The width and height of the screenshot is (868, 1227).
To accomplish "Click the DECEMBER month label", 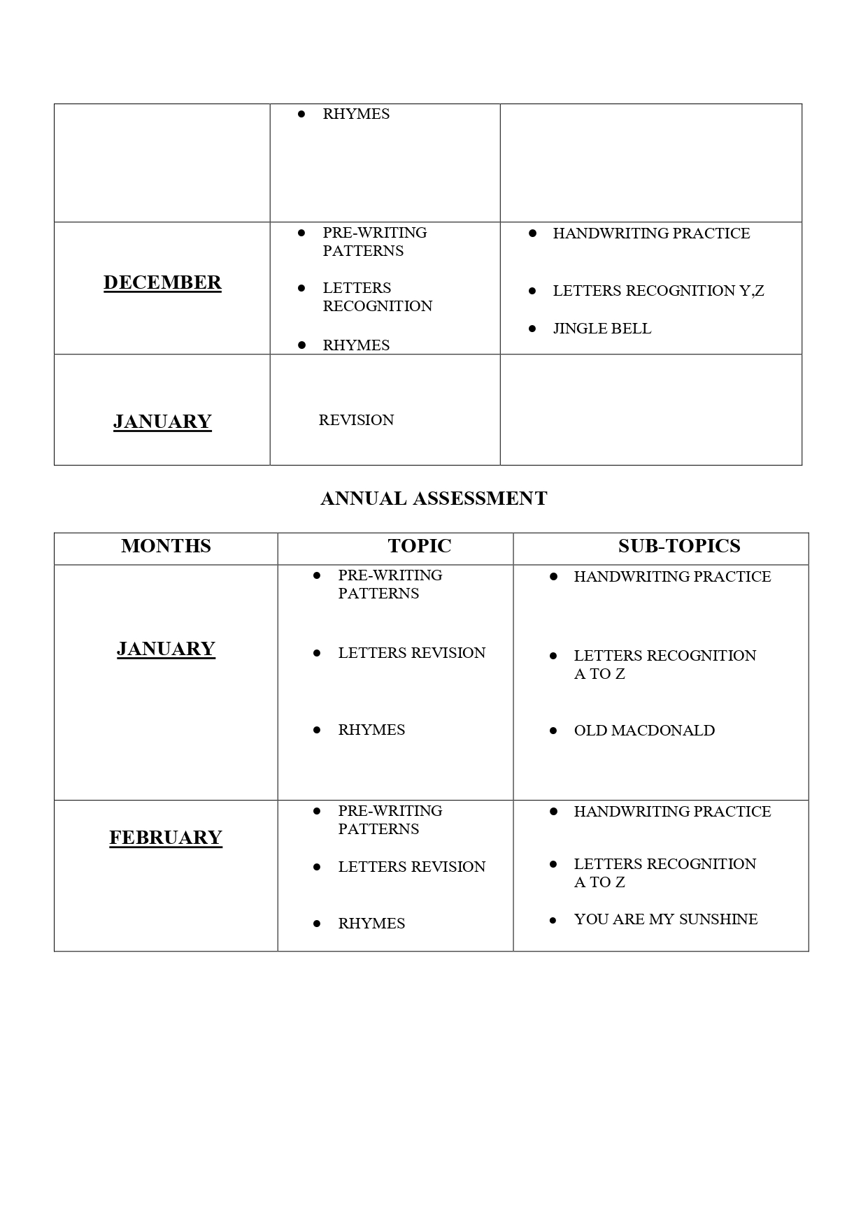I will point(162,282).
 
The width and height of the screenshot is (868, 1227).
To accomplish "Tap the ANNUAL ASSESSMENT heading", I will point(434,498).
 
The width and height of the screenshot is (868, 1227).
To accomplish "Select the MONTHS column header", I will point(166,546).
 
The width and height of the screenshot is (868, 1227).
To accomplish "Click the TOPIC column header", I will point(420,546).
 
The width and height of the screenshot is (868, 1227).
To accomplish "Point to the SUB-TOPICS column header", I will point(679,546).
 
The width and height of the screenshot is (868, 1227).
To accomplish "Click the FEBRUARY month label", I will point(166,838).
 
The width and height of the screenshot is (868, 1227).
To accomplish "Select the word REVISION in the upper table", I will point(356,420).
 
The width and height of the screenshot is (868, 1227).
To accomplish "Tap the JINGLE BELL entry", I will point(602,329).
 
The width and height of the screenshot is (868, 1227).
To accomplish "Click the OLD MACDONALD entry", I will point(644,731).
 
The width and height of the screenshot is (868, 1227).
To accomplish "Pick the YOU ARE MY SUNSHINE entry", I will point(666,919).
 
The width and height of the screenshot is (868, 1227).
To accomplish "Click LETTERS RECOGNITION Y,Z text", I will point(658,291).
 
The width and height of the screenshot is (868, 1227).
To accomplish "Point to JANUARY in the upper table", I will point(162,422).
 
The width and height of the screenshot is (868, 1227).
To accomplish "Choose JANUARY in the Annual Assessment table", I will point(166,649).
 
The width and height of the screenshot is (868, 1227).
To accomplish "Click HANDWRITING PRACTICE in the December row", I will point(651,234).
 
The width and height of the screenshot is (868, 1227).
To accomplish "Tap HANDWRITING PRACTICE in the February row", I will point(672,812).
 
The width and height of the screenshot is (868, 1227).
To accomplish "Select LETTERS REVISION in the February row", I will point(411,867).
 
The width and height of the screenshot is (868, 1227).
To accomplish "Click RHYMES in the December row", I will point(356,345).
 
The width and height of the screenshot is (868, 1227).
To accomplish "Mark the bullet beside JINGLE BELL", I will point(532,328).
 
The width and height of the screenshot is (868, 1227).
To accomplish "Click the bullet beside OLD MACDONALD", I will point(553,731).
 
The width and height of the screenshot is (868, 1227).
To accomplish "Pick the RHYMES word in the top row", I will point(356,114).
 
